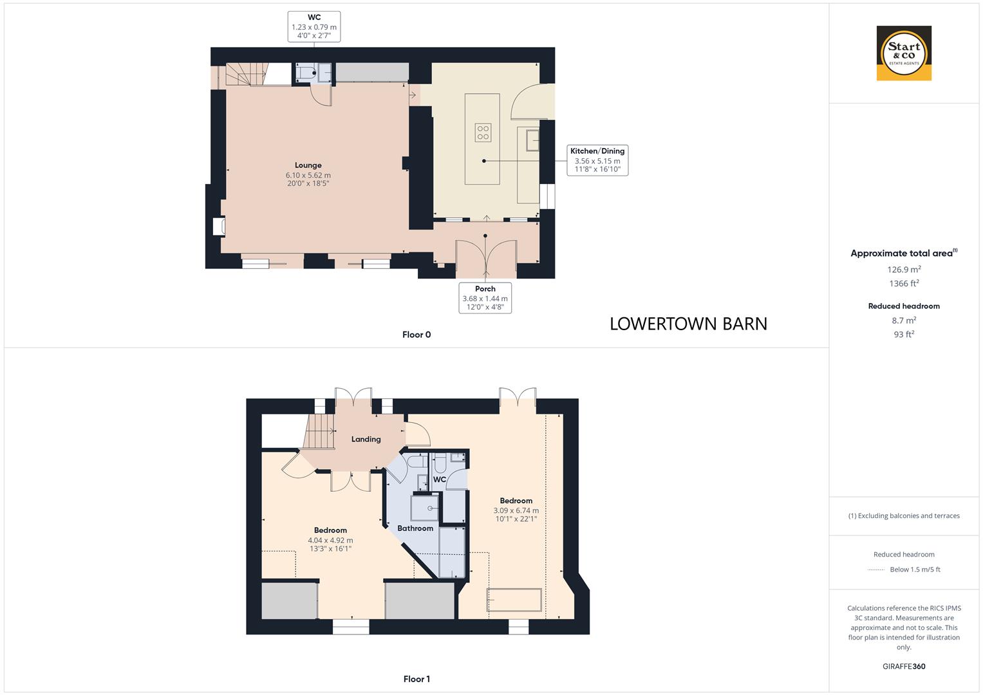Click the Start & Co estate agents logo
point(904,53)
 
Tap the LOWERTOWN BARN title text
point(688,324)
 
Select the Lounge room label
point(308,165)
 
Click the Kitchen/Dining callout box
point(597,160)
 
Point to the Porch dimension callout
point(485,298)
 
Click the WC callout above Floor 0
point(314,26)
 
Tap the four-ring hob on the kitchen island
point(483,133)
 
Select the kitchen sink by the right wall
point(532,140)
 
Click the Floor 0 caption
point(416,335)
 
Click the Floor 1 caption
point(416,679)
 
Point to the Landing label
point(366,440)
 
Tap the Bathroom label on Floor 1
point(415,528)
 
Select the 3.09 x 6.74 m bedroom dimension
point(516,510)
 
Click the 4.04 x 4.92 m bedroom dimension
point(330,541)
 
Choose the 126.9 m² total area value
point(904,270)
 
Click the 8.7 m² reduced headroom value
point(904,320)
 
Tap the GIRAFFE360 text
point(904,667)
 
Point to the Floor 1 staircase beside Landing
point(320,431)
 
